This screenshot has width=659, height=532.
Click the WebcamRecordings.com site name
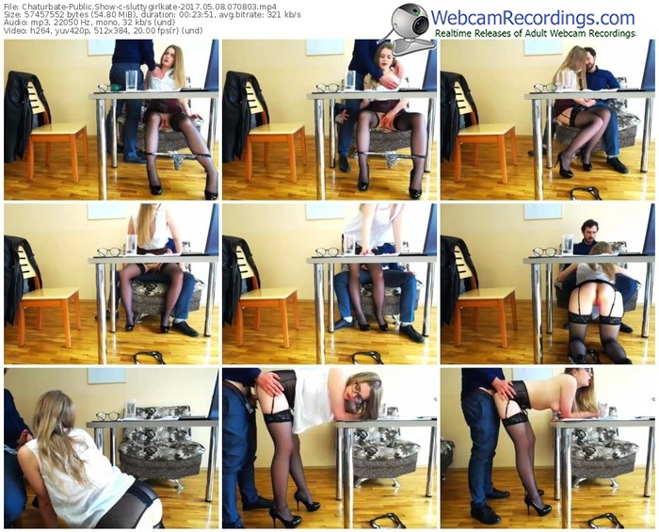(533, 18)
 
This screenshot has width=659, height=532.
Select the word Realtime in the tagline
(452, 33)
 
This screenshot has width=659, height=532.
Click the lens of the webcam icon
(420, 24)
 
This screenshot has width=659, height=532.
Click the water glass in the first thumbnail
(131, 80)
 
